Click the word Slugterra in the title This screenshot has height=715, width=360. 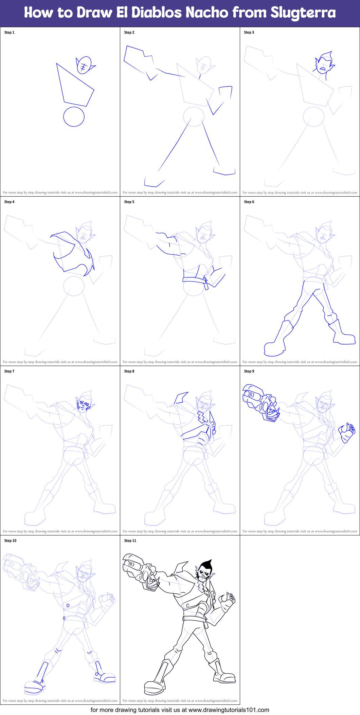pyautogui.click(x=303, y=13)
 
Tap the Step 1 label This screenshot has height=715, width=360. pyautogui.click(x=9, y=33)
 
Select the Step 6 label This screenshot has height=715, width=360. pyautogui.click(x=249, y=202)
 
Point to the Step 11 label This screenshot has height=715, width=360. pyautogui.click(x=130, y=541)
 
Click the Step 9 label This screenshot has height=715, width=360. pyautogui.click(x=249, y=371)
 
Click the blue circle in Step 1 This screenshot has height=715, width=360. pyautogui.click(x=74, y=117)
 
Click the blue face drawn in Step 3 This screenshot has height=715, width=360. pyautogui.click(x=324, y=65)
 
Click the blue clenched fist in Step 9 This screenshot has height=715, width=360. pyautogui.click(x=347, y=433)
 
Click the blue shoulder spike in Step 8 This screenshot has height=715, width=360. pyautogui.click(x=181, y=397)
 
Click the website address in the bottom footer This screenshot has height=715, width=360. pyautogui.click(x=229, y=710)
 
